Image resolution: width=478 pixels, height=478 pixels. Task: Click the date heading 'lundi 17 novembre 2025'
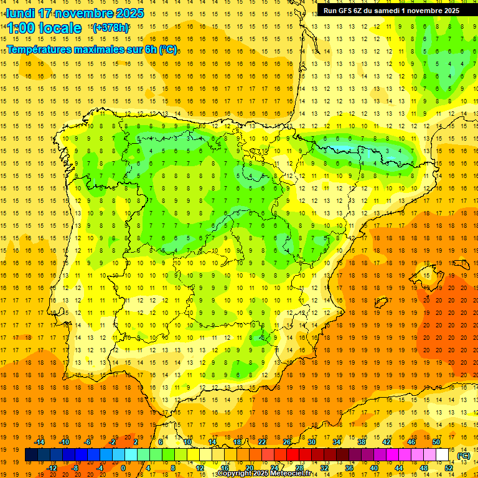(x=75, y=13)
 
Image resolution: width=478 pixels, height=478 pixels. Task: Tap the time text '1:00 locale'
(x=44, y=28)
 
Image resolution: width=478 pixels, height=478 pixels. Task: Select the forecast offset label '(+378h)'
(x=111, y=27)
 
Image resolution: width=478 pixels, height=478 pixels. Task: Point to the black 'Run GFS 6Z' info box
(x=391, y=10)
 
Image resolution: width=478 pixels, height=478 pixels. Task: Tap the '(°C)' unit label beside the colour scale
(x=464, y=456)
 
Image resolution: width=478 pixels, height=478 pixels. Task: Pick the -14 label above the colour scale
(x=39, y=442)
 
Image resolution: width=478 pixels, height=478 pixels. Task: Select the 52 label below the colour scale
(x=449, y=468)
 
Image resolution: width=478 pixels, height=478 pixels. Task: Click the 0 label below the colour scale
(x=123, y=468)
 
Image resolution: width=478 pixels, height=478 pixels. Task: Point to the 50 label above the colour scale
(x=436, y=442)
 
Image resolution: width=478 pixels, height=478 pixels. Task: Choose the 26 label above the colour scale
(x=287, y=442)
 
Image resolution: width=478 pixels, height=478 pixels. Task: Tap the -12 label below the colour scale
(x=52, y=468)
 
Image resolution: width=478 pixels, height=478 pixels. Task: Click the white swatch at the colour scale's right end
(x=443, y=455)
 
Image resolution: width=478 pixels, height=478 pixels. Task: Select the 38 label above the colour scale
(x=362, y=442)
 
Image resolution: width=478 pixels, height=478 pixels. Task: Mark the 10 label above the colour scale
(x=187, y=442)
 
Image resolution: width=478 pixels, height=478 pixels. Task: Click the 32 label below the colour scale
(x=324, y=468)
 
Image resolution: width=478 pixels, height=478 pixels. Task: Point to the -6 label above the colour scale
(x=88, y=442)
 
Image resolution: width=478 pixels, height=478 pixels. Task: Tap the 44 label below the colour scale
(x=399, y=468)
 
